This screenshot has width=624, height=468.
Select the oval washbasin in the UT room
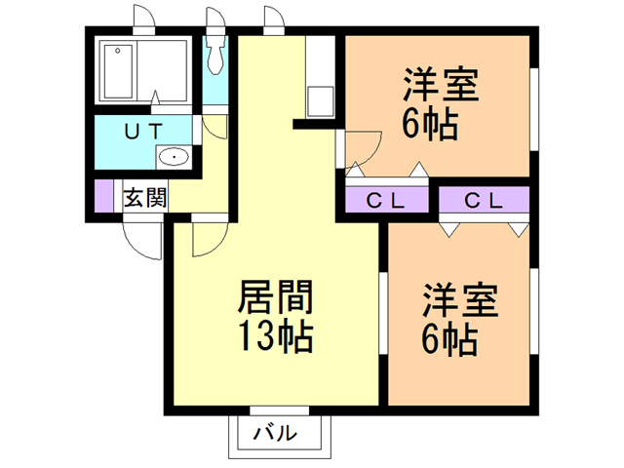[x=174, y=156]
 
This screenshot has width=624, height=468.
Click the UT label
[x=143, y=130]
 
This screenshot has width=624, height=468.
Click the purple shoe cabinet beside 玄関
[x=103, y=196]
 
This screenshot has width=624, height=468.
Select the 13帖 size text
[x=274, y=335]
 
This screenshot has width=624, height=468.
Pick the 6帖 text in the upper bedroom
[x=430, y=126]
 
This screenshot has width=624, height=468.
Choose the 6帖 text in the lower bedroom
[x=449, y=339]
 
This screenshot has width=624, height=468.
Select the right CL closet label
[x=483, y=201]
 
